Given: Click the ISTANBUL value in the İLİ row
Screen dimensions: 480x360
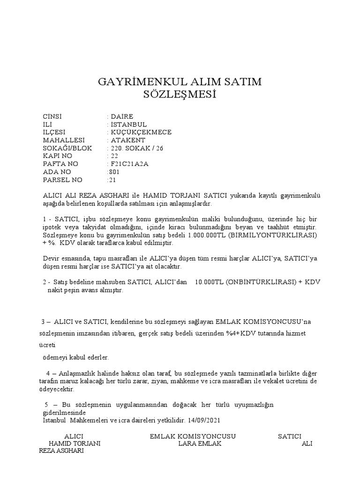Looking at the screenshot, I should click(x=128, y=124).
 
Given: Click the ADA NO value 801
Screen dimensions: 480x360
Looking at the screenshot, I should click(x=114, y=172).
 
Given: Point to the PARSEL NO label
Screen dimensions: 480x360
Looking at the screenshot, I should click(x=62, y=180).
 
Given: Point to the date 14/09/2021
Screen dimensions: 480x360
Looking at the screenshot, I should click(x=202, y=420).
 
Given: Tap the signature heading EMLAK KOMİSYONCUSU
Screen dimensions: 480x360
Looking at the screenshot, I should click(x=193, y=436).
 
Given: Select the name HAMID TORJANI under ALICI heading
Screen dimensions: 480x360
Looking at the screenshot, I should click(x=75, y=444).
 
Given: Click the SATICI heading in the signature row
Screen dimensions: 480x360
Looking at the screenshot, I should click(x=290, y=436).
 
